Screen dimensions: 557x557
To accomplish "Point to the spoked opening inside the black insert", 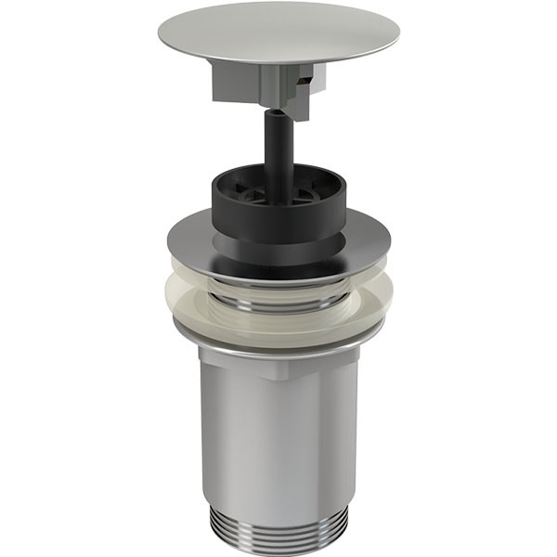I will coord(276,185).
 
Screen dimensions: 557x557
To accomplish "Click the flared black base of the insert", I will coord(278,251).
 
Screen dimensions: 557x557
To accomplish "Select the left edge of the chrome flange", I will coord(170,243).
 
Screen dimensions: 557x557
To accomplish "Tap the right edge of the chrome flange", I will coord(389,243).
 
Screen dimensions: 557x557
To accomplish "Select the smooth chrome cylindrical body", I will coord(278,436).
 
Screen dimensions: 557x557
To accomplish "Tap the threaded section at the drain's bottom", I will coord(278,525).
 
